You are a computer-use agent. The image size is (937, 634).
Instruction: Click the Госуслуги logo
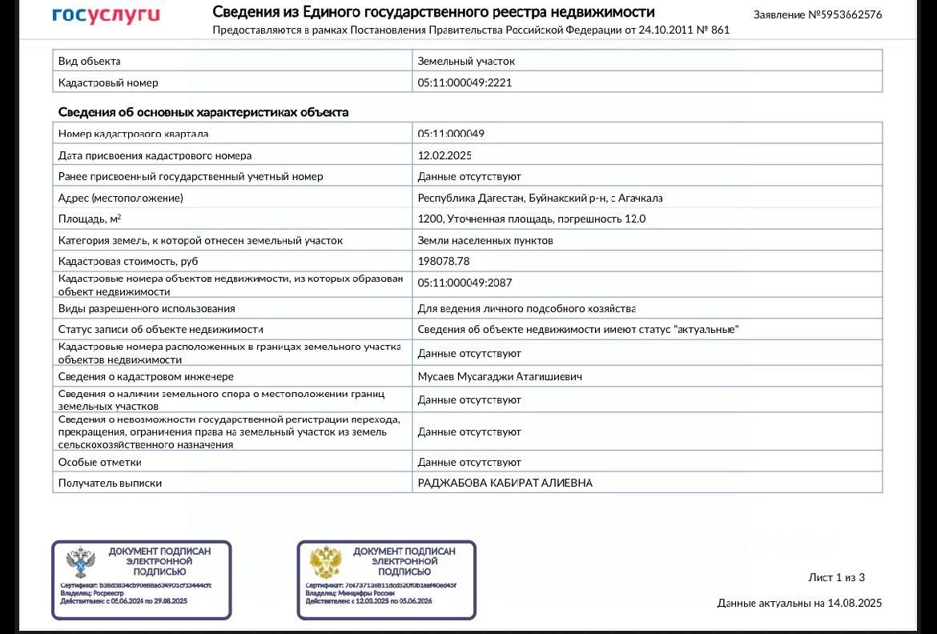[x=106, y=15]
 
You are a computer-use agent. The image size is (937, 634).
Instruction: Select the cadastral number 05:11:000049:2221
[x=464, y=82]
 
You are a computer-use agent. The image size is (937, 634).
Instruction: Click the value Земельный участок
[x=466, y=61]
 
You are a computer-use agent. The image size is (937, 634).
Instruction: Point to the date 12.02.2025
[x=444, y=155]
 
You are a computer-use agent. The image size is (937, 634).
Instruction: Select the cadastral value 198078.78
[x=444, y=261]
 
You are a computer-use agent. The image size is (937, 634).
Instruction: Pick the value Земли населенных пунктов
[x=485, y=240]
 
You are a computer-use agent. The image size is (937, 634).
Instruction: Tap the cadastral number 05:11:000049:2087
[x=464, y=283]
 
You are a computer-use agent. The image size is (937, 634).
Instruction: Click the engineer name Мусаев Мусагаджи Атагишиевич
[x=500, y=376]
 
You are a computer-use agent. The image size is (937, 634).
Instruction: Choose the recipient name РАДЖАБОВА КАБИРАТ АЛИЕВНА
[x=505, y=483]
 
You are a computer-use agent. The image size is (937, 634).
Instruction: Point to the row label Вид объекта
[x=90, y=61]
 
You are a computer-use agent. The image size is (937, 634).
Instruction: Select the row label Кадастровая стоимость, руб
[x=128, y=261]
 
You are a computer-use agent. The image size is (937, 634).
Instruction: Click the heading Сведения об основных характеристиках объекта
[x=203, y=112]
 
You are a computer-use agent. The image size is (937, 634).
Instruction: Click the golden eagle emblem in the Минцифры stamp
[x=325, y=563]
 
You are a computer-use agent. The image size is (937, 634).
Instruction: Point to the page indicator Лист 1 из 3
[x=837, y=577]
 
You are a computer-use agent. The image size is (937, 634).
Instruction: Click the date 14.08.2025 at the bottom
[x=855, y=603]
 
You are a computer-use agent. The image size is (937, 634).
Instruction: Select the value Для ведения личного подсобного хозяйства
[x=527, y=308]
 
